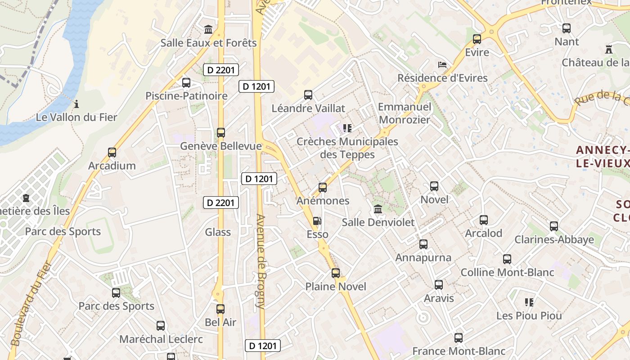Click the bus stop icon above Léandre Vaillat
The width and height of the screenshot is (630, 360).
pyautogui.click(x=308, y=95)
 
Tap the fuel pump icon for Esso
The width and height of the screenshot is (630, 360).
pyautogui.click(x=317, y=221)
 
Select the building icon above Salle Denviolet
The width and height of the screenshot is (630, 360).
pyautogui.click(x=378, y=209)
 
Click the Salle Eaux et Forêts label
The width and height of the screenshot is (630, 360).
pyautogui.click(x=209, y=43)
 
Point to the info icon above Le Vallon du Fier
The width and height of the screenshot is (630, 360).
pyautogui.click(x=76, y=104)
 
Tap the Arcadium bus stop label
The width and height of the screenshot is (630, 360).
pyautogui.click(x=112, y=166)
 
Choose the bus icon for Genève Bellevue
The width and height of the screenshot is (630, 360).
pyautogui.click(x=221, y=133)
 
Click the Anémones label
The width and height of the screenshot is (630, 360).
pyautogui.click(x=323, y=201)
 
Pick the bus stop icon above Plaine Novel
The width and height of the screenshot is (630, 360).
pyautogui.click(x=336, y=273)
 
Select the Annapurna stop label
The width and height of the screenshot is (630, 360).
pyautogui.click(x=423, y=258)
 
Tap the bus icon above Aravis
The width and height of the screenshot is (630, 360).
pyautogui.click(x=439, y=285)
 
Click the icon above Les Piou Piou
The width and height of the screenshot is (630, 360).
pyautogui.click(x=529, y=302)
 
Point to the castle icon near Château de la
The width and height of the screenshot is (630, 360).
pyautogui.click(x=609, y=49)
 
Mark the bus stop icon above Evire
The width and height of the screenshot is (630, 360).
pyautogui.click(x=477, y=39)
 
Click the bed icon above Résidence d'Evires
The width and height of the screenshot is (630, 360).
pyautogui.click(x=442, y=65)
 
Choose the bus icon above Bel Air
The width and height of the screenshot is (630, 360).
pyautogui.click(x=220, y=309)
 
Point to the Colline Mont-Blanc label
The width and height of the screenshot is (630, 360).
pyautogui.click(x=507, y=272)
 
